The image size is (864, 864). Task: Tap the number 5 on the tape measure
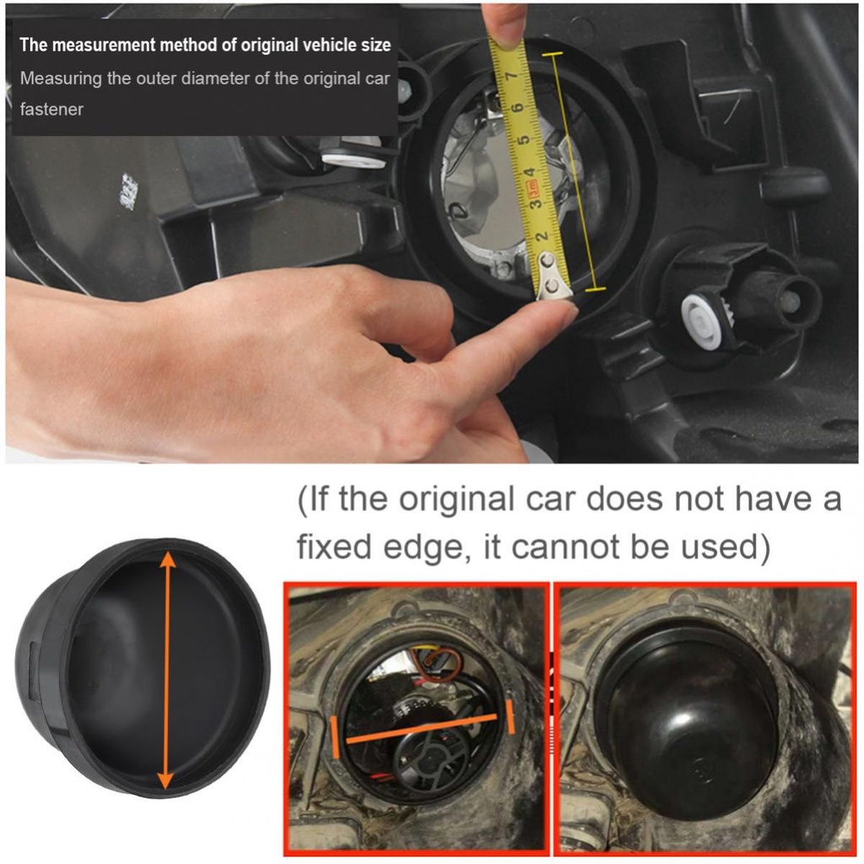point(524,140)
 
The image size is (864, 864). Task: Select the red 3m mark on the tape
point(533,189)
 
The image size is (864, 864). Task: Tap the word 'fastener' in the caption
point(51,109)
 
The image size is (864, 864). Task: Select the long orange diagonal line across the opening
point(422,729)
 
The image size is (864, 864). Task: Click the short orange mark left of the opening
point(335,737)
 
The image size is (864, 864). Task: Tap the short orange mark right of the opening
point(510,716)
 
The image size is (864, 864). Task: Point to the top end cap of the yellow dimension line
point(552,54)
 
